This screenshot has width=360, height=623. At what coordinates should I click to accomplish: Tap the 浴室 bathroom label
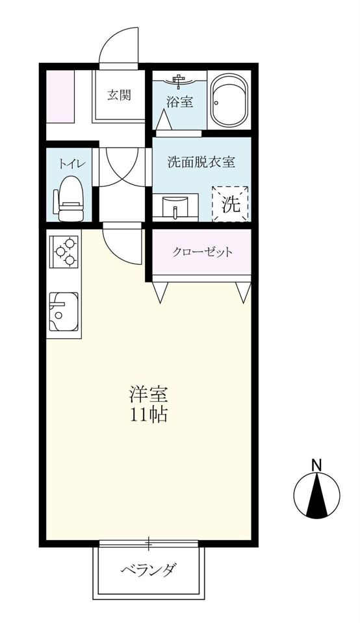(175, 102)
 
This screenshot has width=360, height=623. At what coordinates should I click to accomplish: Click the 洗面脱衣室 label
(201, 163)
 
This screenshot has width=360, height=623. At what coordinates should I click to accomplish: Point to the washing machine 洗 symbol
(231, 204)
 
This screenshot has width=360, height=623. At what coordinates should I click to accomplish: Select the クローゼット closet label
(202, 252)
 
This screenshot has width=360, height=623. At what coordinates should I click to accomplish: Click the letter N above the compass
(316, 465)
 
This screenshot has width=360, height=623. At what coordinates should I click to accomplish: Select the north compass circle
(317, 496)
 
